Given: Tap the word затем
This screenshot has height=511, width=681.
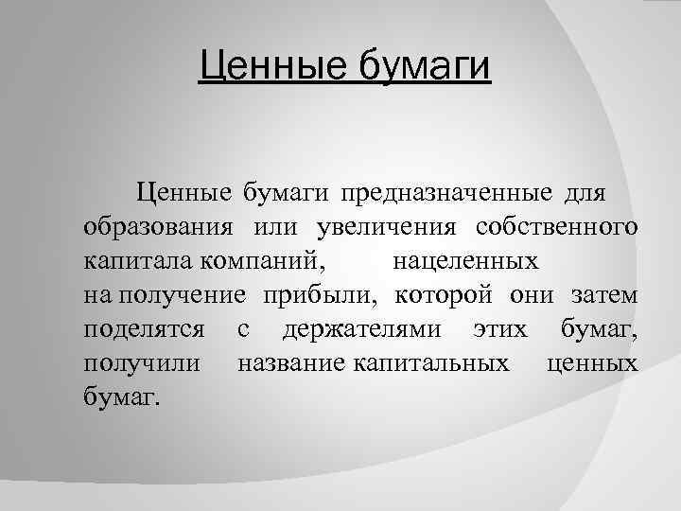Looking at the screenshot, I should pyautogui.click(x=604, y=297).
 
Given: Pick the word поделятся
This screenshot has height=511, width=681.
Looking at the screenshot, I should pyautogui.click(x=145, y=331).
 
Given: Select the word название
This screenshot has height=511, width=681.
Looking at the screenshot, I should pyautogui.click(x=294, y=362).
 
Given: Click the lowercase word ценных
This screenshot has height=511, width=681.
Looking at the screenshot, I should pyautogui.click(x=591, y=363).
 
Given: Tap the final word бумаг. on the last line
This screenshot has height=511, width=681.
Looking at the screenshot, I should pyautogui.click(x=122, y=396).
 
